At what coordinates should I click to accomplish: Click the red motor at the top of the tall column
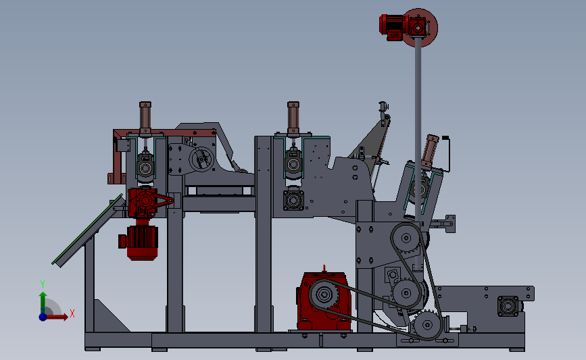(x=393, y=26)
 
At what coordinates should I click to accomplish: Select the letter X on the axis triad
(x=72, y=313)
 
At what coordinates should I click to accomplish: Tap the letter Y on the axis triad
(x=42, y=284)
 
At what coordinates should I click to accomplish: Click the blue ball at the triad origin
(x=43, y=317)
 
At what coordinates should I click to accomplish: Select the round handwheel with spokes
(x=201, y=159)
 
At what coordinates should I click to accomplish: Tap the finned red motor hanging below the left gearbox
(x=139, y=241)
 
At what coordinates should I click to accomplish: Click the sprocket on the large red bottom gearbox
(x=324, y=294)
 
